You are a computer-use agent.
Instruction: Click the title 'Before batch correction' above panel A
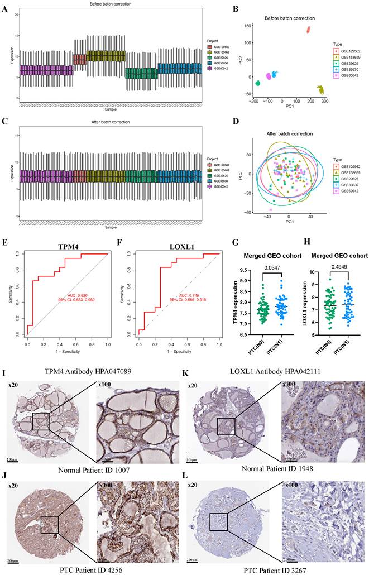(x=108, y=5)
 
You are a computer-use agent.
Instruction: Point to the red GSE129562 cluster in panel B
(x=308, y=30)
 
